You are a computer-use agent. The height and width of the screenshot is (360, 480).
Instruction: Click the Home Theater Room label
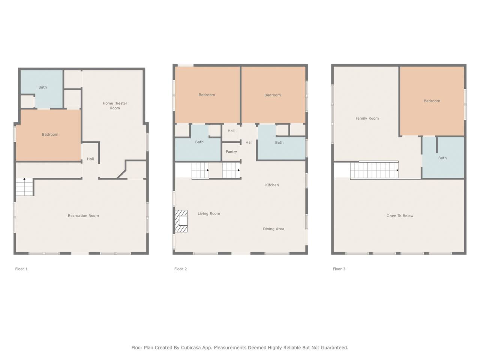(x=115, y=106)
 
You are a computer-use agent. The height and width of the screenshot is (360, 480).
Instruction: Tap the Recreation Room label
(x=83, y=216)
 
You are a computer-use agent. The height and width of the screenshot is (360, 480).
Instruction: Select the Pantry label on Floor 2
(x=231, y=152)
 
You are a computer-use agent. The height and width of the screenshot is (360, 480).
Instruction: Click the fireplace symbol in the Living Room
(x=181, y=221)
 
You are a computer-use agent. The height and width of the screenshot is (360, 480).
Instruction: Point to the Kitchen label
(x=272, y=185)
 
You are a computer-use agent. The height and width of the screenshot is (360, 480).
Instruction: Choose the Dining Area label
(x=274, y=229)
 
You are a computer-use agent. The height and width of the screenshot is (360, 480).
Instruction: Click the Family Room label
(x=367, y=118)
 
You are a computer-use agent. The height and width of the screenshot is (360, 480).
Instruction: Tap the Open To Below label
(x=400, y=216)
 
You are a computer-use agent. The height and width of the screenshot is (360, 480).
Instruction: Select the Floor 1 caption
(x=21, y=269)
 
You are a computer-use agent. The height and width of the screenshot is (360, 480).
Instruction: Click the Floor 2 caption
(x=181, y=269)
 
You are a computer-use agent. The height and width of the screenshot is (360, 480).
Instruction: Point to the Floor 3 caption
(x=339, y=269)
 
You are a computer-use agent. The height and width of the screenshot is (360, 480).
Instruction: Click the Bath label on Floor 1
(x=43, y=87)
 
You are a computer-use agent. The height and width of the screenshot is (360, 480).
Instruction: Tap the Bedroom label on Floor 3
(x=432, y=101)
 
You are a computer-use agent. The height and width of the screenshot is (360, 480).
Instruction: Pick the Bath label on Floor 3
(x=442, y=158)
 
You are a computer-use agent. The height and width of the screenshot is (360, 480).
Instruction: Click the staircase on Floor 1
(x=24, y=187)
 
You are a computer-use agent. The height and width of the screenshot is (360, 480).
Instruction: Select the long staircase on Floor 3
(x=374, y=170)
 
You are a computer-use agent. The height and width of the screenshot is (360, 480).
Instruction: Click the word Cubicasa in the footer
(x=191, y=348)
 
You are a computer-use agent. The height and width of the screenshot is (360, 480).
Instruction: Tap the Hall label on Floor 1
(x=90, y=159)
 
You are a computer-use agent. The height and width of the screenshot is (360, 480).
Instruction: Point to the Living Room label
(x=209, y=213)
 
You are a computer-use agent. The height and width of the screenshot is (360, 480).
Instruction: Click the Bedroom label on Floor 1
(x=50, y=134)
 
